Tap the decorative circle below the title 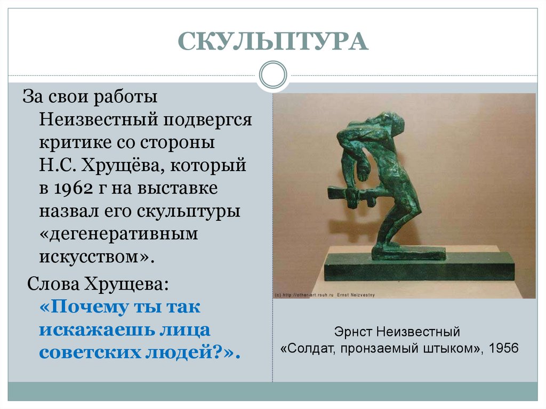click(x=272, y=75)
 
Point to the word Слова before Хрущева click(x=53, y=283)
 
